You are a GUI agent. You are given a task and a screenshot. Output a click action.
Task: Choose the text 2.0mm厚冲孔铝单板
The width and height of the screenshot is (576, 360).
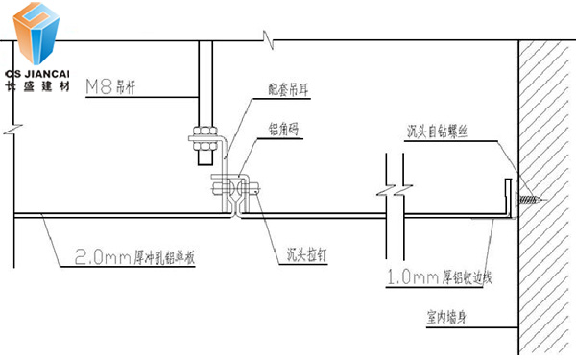[x=137, y=257]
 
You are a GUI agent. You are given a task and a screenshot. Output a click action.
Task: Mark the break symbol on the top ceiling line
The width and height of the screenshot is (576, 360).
[x=268, y=39]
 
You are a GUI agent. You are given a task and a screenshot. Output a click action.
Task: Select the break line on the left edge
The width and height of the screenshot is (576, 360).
[x=11, y=126]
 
